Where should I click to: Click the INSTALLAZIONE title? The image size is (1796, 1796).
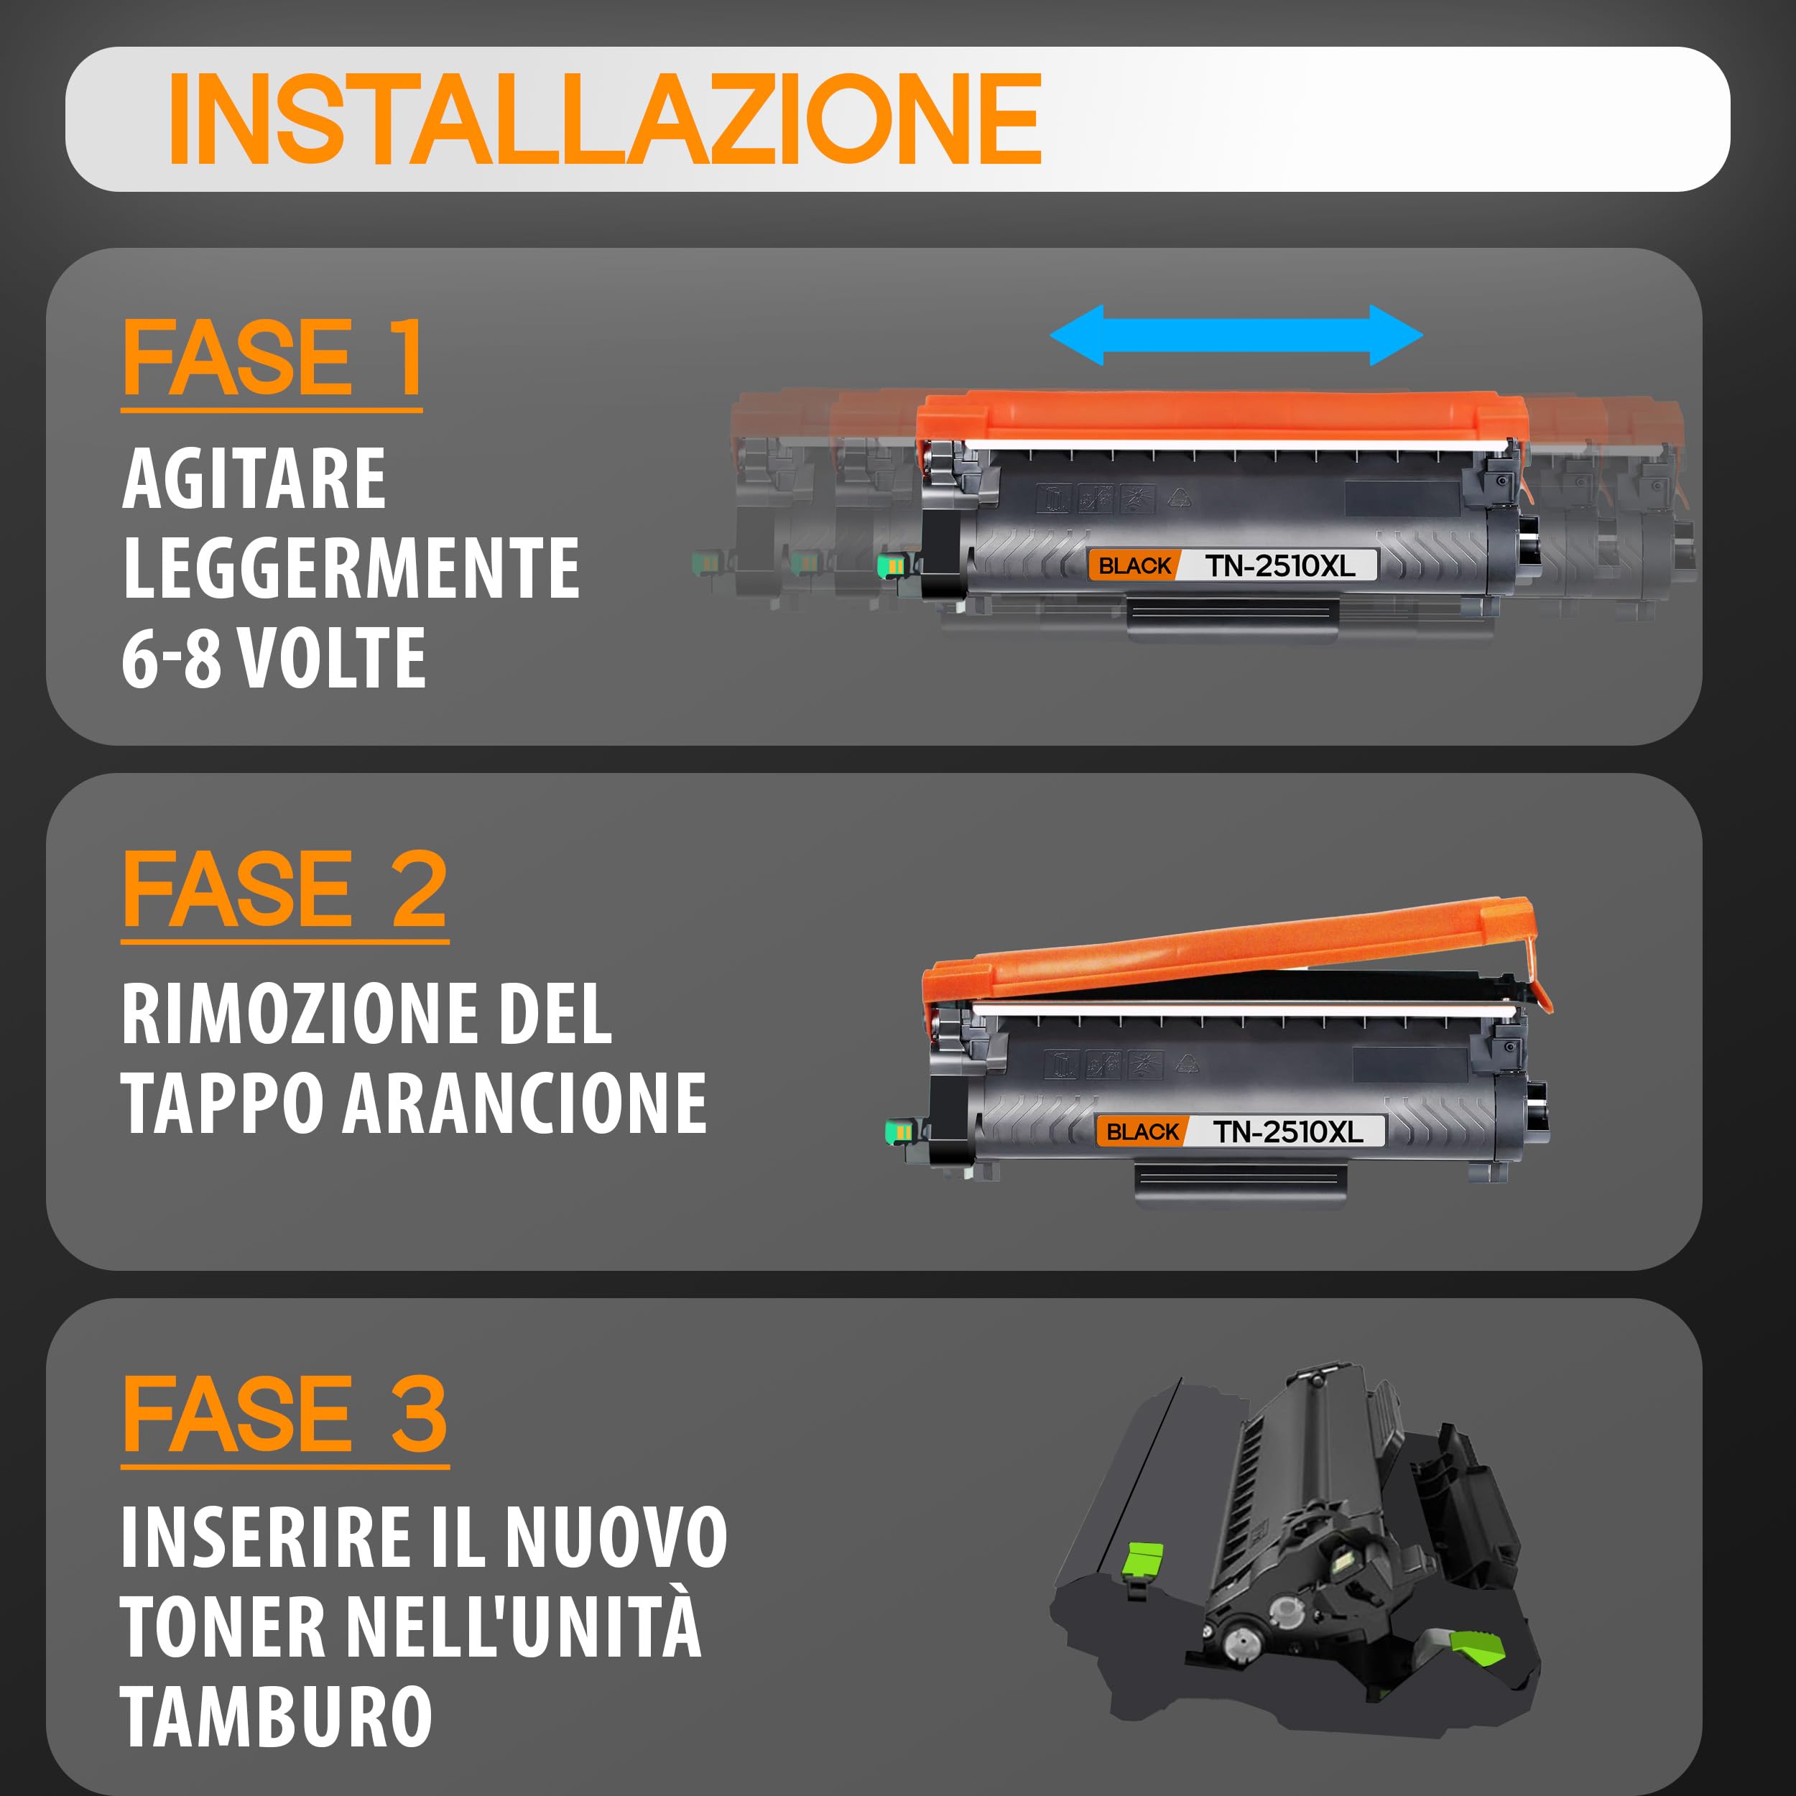(604, 119)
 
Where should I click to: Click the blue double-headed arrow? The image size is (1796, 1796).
(1236, 335)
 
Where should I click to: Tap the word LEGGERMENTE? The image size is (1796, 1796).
(351, 569)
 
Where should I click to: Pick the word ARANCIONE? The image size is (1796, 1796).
(525, 1103)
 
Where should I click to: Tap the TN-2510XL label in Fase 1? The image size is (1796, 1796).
(1280, 565)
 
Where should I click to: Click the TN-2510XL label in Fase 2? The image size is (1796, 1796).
(1287, 1131)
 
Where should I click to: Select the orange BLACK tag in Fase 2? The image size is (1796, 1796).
(1142, 1131)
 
